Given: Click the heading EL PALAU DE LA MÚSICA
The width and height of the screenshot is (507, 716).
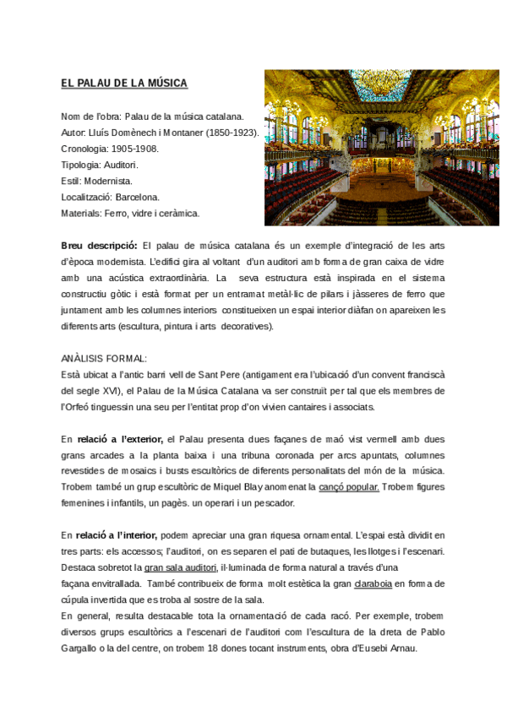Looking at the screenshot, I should [124, 83].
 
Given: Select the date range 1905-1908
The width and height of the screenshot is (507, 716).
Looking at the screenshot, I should [134, 148].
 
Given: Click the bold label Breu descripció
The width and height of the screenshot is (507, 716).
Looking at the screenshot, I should [99, 245].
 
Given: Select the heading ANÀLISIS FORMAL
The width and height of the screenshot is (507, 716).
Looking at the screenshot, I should [104, 358].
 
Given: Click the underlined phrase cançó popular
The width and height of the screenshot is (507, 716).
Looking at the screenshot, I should [349, 486].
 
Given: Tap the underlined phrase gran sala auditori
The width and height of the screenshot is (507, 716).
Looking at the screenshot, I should [181, 567].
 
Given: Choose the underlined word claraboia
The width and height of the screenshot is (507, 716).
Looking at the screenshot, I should [373, 583].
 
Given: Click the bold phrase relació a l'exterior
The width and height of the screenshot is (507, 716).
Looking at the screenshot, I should [121, 438].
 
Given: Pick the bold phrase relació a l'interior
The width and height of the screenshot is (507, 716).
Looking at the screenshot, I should [117, 535].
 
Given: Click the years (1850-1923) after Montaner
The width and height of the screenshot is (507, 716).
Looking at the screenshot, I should [232, 132].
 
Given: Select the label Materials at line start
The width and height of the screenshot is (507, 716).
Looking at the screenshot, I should [80, 213].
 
